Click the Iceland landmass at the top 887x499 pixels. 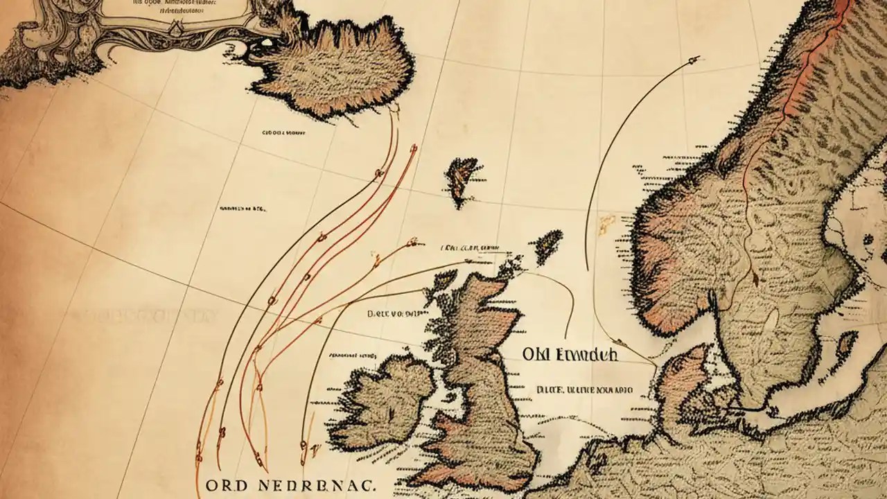coord(333,69)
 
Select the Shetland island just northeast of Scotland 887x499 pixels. coord(547,245)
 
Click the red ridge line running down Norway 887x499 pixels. coord(797,83)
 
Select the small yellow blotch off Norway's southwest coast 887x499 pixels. coord(607,222)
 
